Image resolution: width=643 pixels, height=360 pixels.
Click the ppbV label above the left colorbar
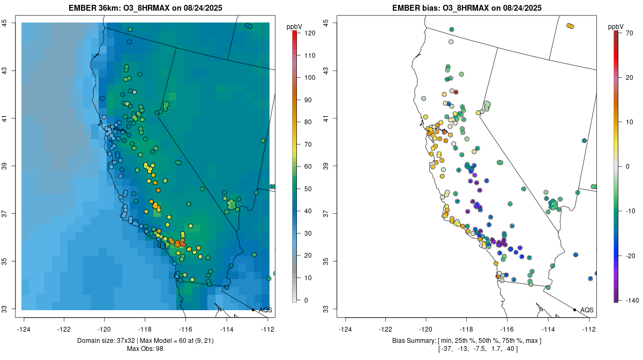tap(294, 26)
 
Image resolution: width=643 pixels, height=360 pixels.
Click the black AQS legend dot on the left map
tap(253, 310)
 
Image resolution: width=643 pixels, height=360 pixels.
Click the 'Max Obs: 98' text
tap(145, 349)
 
